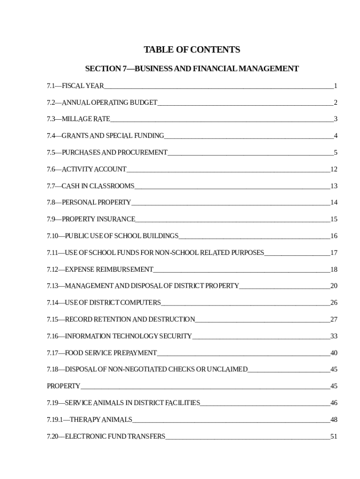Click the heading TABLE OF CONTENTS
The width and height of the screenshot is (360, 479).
coord(192,50)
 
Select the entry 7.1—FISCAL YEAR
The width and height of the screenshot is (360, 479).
coord(75,86)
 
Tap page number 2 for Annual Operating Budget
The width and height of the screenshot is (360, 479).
coord(335,102)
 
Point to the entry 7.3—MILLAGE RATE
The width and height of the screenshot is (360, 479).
coord(79,119)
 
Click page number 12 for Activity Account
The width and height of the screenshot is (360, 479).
coord(333,169)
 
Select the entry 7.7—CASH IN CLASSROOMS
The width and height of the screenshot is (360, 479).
coord(90,186)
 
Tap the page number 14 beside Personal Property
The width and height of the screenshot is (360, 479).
coord(333,203)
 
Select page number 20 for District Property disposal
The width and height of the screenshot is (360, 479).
coord(333,286)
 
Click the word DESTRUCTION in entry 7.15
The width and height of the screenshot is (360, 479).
coord(172,320)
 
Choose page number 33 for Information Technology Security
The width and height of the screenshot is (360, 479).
coord(333,336)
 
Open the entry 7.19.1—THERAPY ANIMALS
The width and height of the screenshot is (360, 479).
coord(89,420)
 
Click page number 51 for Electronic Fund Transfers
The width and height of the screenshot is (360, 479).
coord(333,437)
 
